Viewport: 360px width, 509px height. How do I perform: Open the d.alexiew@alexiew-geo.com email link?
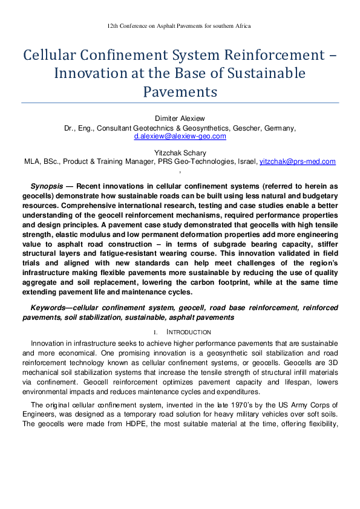coord(180,137)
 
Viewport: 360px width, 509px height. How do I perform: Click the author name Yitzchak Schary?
coord(180,153)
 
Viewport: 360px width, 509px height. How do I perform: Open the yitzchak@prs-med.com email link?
coord(297,162)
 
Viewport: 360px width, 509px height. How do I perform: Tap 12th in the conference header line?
coord(113,27)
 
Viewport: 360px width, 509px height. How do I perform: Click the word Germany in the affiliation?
coord(279,128)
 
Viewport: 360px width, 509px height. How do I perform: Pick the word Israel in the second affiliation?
coord(246,162)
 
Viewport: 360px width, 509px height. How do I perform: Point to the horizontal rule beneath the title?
coord(180,103)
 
